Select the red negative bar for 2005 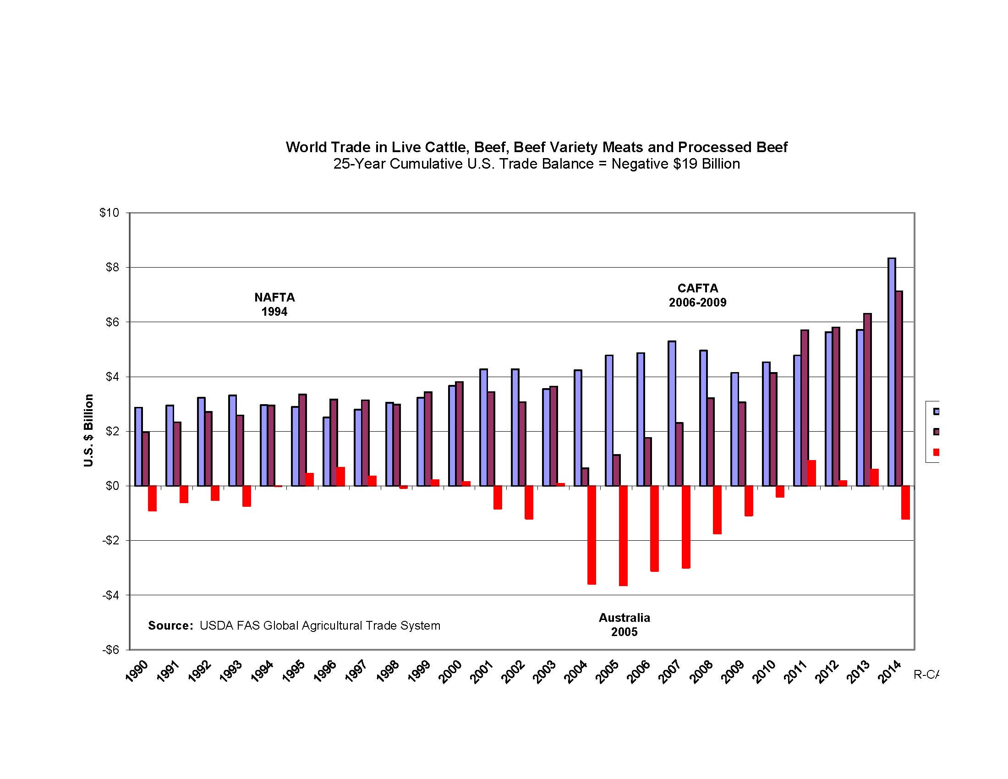point(623,536)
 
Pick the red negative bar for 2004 point(592,535)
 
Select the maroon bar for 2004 point(585,477)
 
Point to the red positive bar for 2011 point(811,473)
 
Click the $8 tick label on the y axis point(112,267)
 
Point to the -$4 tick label point(111,595)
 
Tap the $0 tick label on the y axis point(112,486)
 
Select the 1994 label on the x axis point(262,671)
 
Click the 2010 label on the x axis point(764,671)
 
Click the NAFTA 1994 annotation point(274,304)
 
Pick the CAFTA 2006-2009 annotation point(697,296)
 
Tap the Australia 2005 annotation point(624,625)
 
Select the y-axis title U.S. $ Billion point(88,430)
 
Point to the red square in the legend point(936,452)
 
